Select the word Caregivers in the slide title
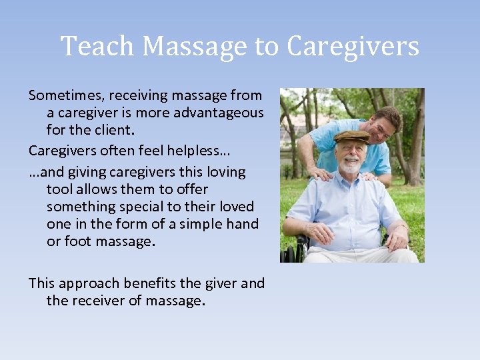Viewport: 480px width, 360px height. click(353, 47)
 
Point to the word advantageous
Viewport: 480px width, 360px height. click(218, 113)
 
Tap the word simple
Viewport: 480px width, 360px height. click(199, 224)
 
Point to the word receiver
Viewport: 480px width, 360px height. click(96, 301)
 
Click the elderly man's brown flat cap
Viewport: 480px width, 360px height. click(351, 136)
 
